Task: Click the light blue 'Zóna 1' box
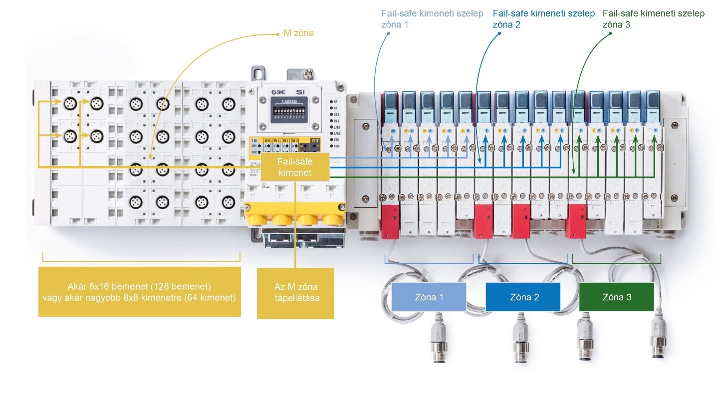pyautogui.click(x=429, y=297)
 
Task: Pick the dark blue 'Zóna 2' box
pyautogui.click(x=523, y=297)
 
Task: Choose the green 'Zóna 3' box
pyautogui.click(x=616, y=297)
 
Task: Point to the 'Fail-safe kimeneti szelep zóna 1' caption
pyautogui.click(x=432, y=18)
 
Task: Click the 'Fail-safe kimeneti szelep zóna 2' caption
pyautogui.click(x=543, y=18)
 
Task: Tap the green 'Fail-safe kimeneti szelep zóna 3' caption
pyautogui.click(x=654, y=18)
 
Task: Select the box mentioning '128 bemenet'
pyautogui.click(x=139, y=292)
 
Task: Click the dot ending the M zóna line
pyautogui.click(x=278, y=34)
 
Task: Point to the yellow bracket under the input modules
pyautogui.click(x=141, y=259)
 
